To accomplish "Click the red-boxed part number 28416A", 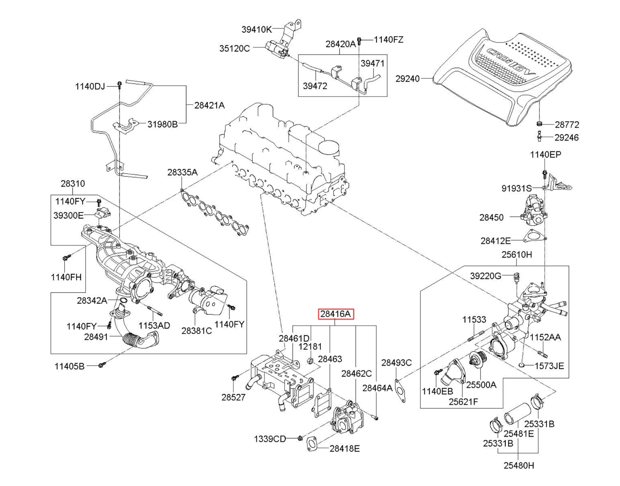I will (336, 314).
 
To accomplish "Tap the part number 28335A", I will (182, 172).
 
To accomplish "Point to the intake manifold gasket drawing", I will (215, 211).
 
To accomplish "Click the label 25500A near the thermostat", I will (481, 385).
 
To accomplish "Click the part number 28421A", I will (209, 105).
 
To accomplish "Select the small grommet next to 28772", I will (539, 124).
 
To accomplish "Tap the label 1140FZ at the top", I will (388, 39).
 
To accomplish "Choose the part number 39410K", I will (257, 29).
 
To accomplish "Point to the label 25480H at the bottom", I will (518, 465).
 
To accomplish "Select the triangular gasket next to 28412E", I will (534, 236).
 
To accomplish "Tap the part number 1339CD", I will (270, 439).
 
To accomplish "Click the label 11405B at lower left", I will (69, 366).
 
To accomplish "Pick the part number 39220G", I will (486, 276).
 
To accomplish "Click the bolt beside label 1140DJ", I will (120, 84).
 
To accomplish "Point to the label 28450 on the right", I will (491, 217).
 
